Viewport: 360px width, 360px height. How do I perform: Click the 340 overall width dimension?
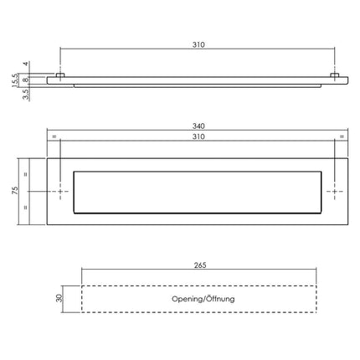click(198, 126)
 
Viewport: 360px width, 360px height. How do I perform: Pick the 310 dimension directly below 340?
click(198, 136)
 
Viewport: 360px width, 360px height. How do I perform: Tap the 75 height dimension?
click(14, 192)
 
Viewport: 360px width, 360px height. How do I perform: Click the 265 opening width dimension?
click(198, 267)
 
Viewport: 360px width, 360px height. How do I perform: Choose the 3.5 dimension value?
click(26, 95)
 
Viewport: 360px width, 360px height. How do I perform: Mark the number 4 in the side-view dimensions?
click(26, 64)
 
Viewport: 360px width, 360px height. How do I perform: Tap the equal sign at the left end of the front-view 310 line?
click(54, 136)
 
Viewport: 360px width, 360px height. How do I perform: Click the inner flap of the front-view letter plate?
click(198, 192)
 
